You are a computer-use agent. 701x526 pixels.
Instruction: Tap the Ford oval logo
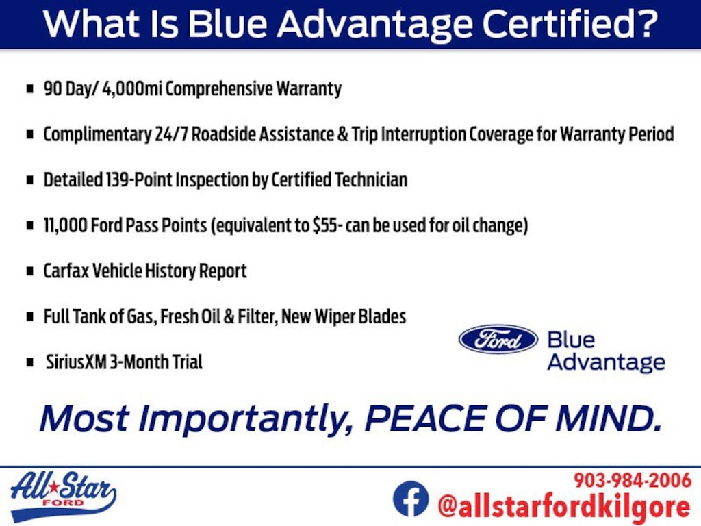[498, 340]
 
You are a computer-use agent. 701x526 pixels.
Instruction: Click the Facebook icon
[411, 499]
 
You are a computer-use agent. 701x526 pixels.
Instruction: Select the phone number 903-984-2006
[632, 480]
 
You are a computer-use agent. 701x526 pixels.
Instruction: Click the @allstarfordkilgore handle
[564, 506]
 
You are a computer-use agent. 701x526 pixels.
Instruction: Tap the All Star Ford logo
[63, 496]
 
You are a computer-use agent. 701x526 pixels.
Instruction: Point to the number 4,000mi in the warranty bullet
[132, 88]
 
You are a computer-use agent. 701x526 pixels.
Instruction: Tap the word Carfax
[66, 271]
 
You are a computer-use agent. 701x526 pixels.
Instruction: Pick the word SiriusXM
[76, 362]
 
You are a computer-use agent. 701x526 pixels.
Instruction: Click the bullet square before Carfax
[30, 271]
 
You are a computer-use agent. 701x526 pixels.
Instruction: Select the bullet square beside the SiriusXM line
[30, 362]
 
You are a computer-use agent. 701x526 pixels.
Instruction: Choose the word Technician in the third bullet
[370, 180]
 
